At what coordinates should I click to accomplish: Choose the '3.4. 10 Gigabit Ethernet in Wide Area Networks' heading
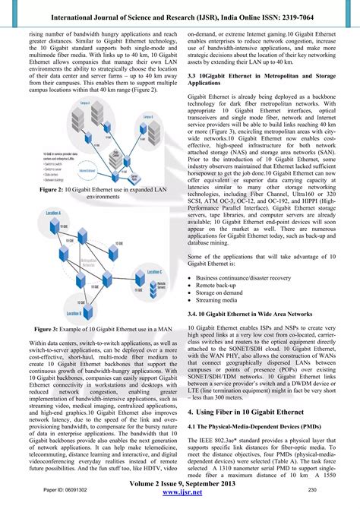click(x=249, y=312)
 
